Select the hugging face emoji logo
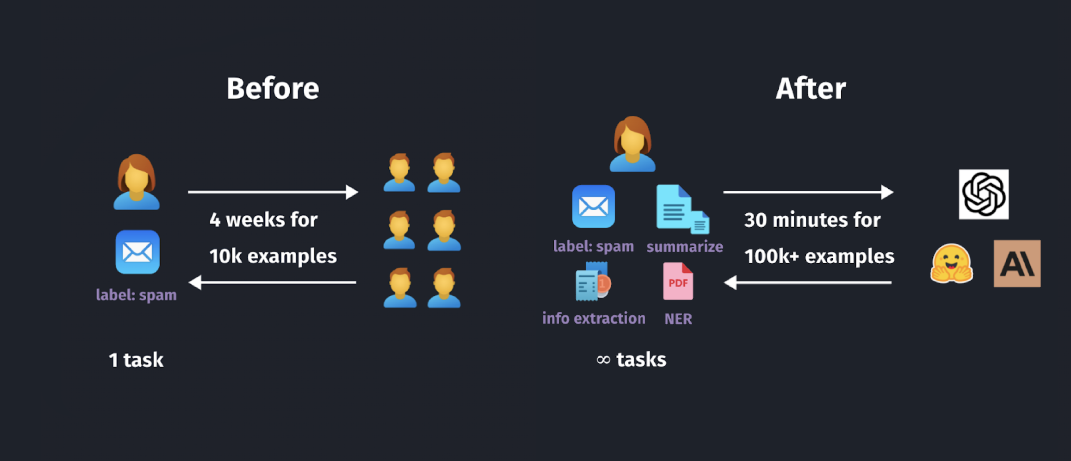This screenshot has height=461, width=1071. pyautogui.click(x=951, y=263)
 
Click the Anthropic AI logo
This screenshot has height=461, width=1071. pyautogui.click(x=1017, y=263)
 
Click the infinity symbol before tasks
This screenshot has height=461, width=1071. pyautogui.click(x=603, y=360)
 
